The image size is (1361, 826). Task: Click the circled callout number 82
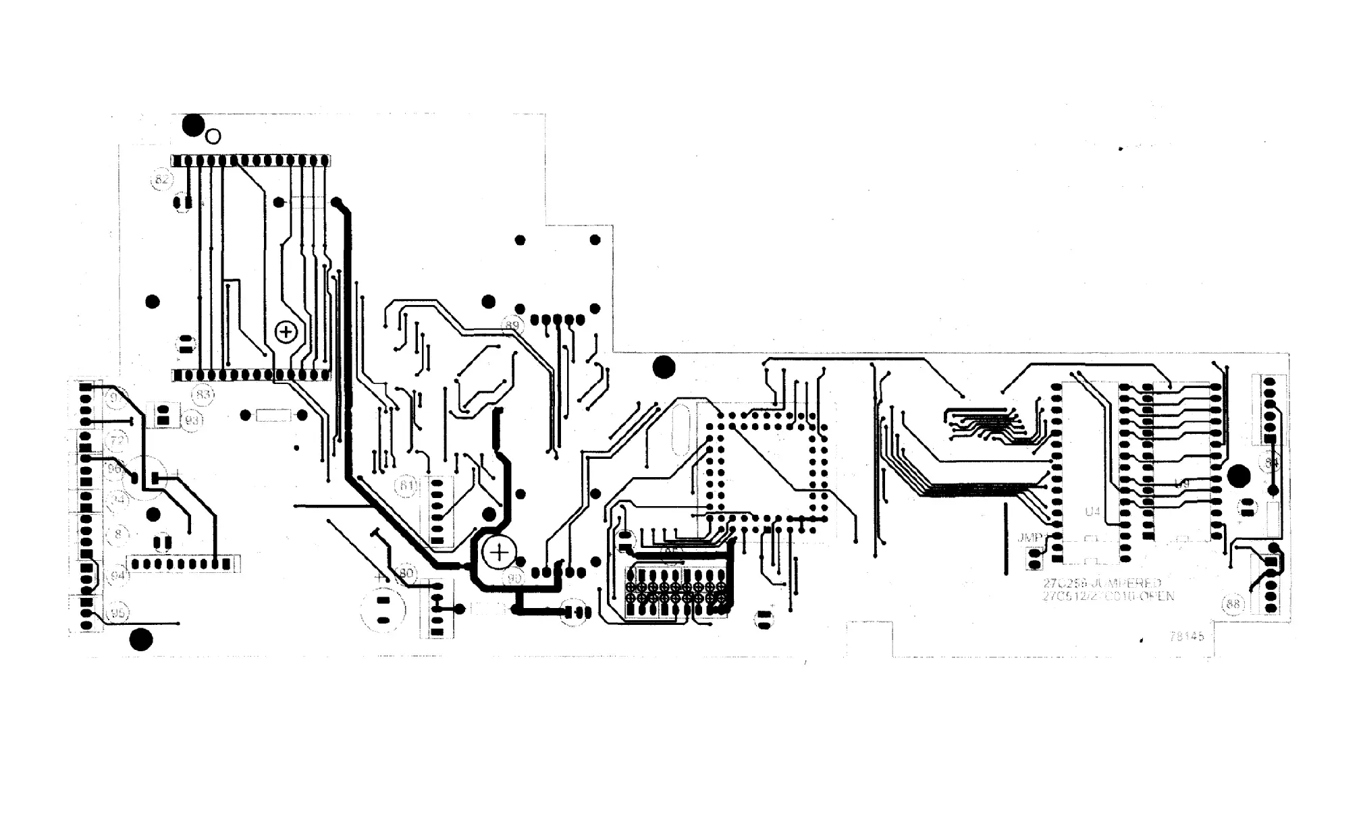[161, 180]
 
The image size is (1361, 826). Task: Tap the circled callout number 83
[203, 394]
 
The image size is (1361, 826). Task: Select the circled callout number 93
[192, 420]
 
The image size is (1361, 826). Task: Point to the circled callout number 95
[118, 613]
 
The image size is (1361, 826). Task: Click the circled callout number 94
[118, 576]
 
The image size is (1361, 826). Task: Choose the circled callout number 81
[406, 485]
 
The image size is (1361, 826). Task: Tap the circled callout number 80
[406, 574]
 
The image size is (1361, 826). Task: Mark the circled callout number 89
[512, 326]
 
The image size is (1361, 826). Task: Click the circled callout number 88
[1233, 604]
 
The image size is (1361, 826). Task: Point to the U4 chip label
[1092, 512]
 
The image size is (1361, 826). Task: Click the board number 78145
[1186, 636]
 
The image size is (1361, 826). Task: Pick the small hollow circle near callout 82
[213, 137]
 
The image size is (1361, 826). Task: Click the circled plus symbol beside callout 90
[500, 553]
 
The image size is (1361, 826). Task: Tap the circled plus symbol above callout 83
[286, 332]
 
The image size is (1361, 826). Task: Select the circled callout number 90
[514, 578]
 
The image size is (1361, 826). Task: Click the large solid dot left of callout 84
[1238, 476]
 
